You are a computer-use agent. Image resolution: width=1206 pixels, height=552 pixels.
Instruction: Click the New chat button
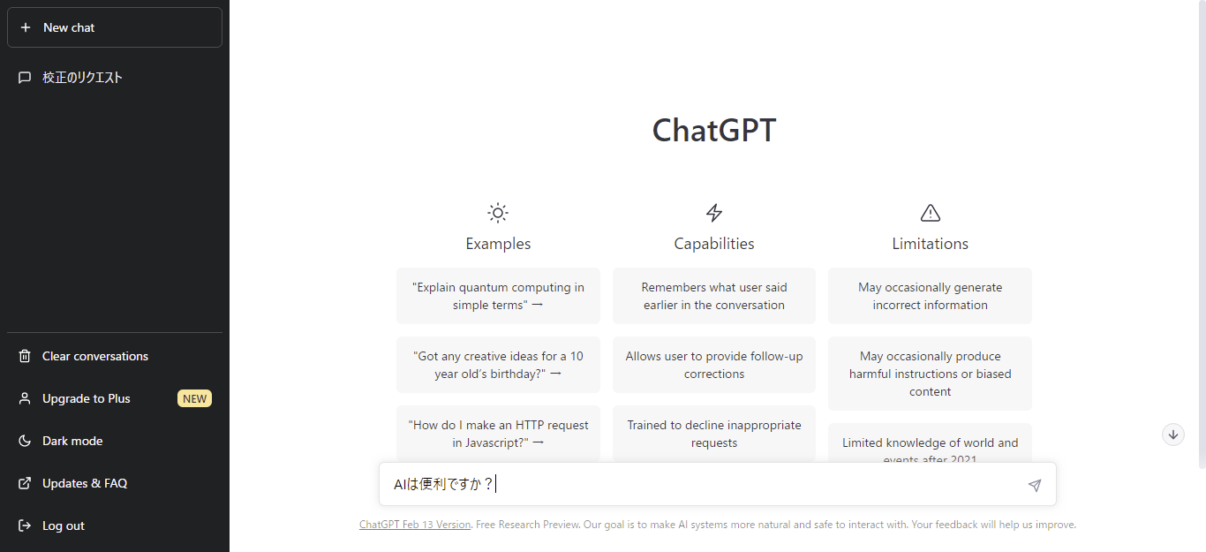tap(114, 27)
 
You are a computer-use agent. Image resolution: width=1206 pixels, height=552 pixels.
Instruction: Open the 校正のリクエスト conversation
tap(82, 78)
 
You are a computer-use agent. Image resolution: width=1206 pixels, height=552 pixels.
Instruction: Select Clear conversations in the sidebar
tap(95, 356)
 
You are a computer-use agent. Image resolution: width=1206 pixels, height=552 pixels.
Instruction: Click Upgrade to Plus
tap(87, 398)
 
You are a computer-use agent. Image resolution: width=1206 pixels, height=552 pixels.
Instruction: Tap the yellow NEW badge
tap(195, 398)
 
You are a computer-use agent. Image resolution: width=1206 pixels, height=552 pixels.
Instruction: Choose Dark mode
tap(72, 441)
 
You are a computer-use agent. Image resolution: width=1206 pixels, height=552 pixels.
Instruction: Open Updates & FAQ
tap(85, 483)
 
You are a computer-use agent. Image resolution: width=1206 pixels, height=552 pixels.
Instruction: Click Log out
tap(64, 526)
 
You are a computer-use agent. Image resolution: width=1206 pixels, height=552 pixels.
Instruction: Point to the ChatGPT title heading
tap(713, 131)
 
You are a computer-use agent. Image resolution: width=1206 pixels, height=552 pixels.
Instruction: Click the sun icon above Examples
tap(498, 213)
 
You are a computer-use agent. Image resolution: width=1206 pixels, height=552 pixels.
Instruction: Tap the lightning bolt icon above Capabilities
tap(714, 213)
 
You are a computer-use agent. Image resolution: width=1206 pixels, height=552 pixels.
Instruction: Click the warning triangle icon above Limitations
tap(930, 213)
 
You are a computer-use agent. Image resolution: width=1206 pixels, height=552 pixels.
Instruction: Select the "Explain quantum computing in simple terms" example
tap(498, 296)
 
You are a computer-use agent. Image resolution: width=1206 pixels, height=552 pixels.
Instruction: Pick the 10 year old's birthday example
tap(498, 365)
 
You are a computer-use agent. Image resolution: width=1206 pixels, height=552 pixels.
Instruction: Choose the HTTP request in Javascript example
tap(498, 433)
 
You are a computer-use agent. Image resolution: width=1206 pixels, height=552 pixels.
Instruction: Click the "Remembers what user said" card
tap(714, 296)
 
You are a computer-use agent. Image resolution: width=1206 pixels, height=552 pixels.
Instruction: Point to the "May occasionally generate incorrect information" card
tap(930, 296)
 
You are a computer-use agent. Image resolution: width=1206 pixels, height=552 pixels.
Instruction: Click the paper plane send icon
tap(1035, 485)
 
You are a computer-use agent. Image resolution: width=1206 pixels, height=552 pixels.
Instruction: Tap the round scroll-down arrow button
tap(1172, 434)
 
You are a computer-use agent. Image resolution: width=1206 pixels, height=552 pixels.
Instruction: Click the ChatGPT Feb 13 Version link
tap(415, 525)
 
